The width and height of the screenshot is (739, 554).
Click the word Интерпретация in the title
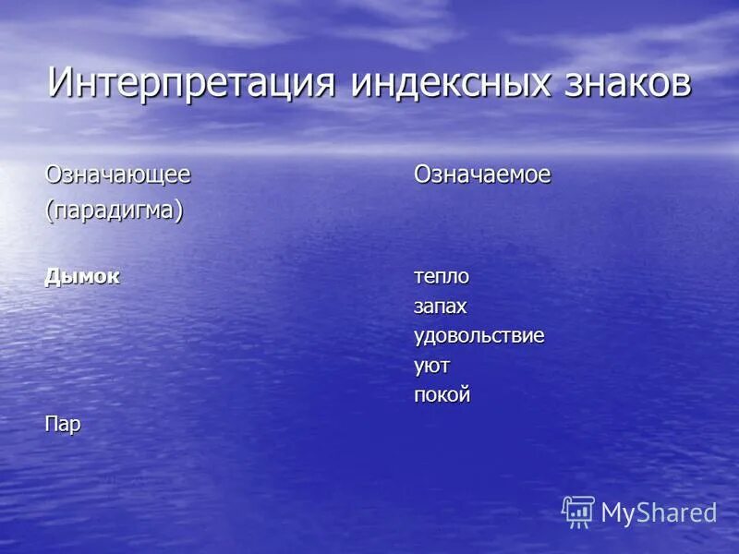[189, 82]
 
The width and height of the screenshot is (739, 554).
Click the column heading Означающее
[118, 175]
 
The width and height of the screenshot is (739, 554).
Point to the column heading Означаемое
[482, 175]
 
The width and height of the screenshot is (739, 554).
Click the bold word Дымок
[83, 276]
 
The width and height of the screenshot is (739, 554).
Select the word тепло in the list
[442, 276]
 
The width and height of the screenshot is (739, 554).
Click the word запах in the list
[441, 307]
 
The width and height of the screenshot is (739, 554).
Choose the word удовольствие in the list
[479, 335]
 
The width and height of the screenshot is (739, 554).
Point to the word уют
[431, 366]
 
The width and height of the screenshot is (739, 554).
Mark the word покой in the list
[442, 395]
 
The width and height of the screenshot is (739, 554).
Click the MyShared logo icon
[578, 512]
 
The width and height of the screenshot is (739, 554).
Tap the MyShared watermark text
[659, 513]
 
